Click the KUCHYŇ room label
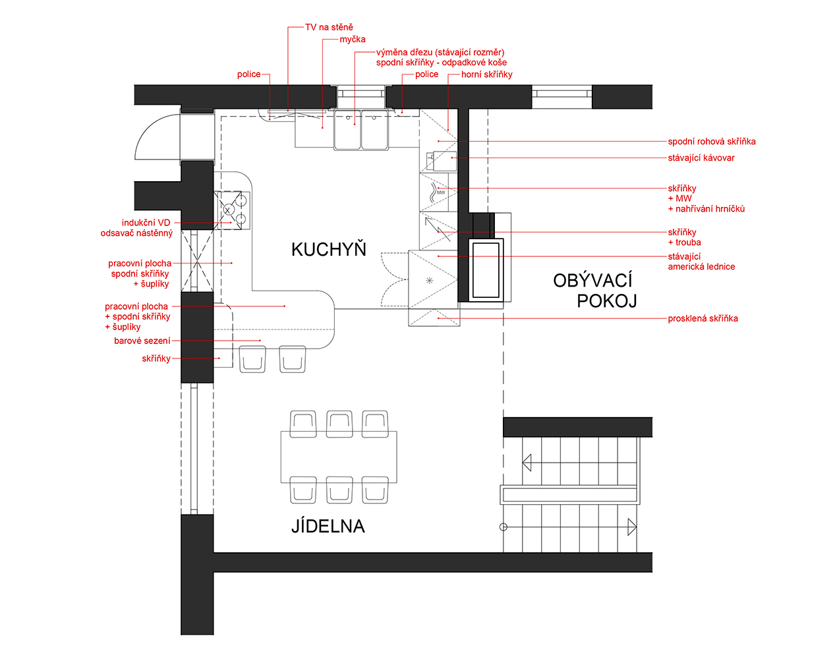tap(329, 249)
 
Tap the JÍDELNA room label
tap(328, 526)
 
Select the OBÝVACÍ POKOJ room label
tap(595, 291)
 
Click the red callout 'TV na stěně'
tap(329, 27)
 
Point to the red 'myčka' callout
tap(353, 39)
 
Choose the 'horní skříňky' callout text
tap(486, 74)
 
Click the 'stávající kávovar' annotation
tap(701, 158)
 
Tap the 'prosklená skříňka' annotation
tap(703, 318)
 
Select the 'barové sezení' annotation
tap(142, 341)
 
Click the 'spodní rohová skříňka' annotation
tap(712, 141)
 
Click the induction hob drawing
tap(232, 210)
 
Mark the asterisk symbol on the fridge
tap(429, 280)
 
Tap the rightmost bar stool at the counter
tap(293, 359)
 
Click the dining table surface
tap(339, 457)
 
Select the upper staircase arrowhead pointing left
tap(527, 463)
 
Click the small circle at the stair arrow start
tap(504, 527)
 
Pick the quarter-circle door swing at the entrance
tap(154, 136)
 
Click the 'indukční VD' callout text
tap(146, 223)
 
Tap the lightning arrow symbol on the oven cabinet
tap(438, 229)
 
